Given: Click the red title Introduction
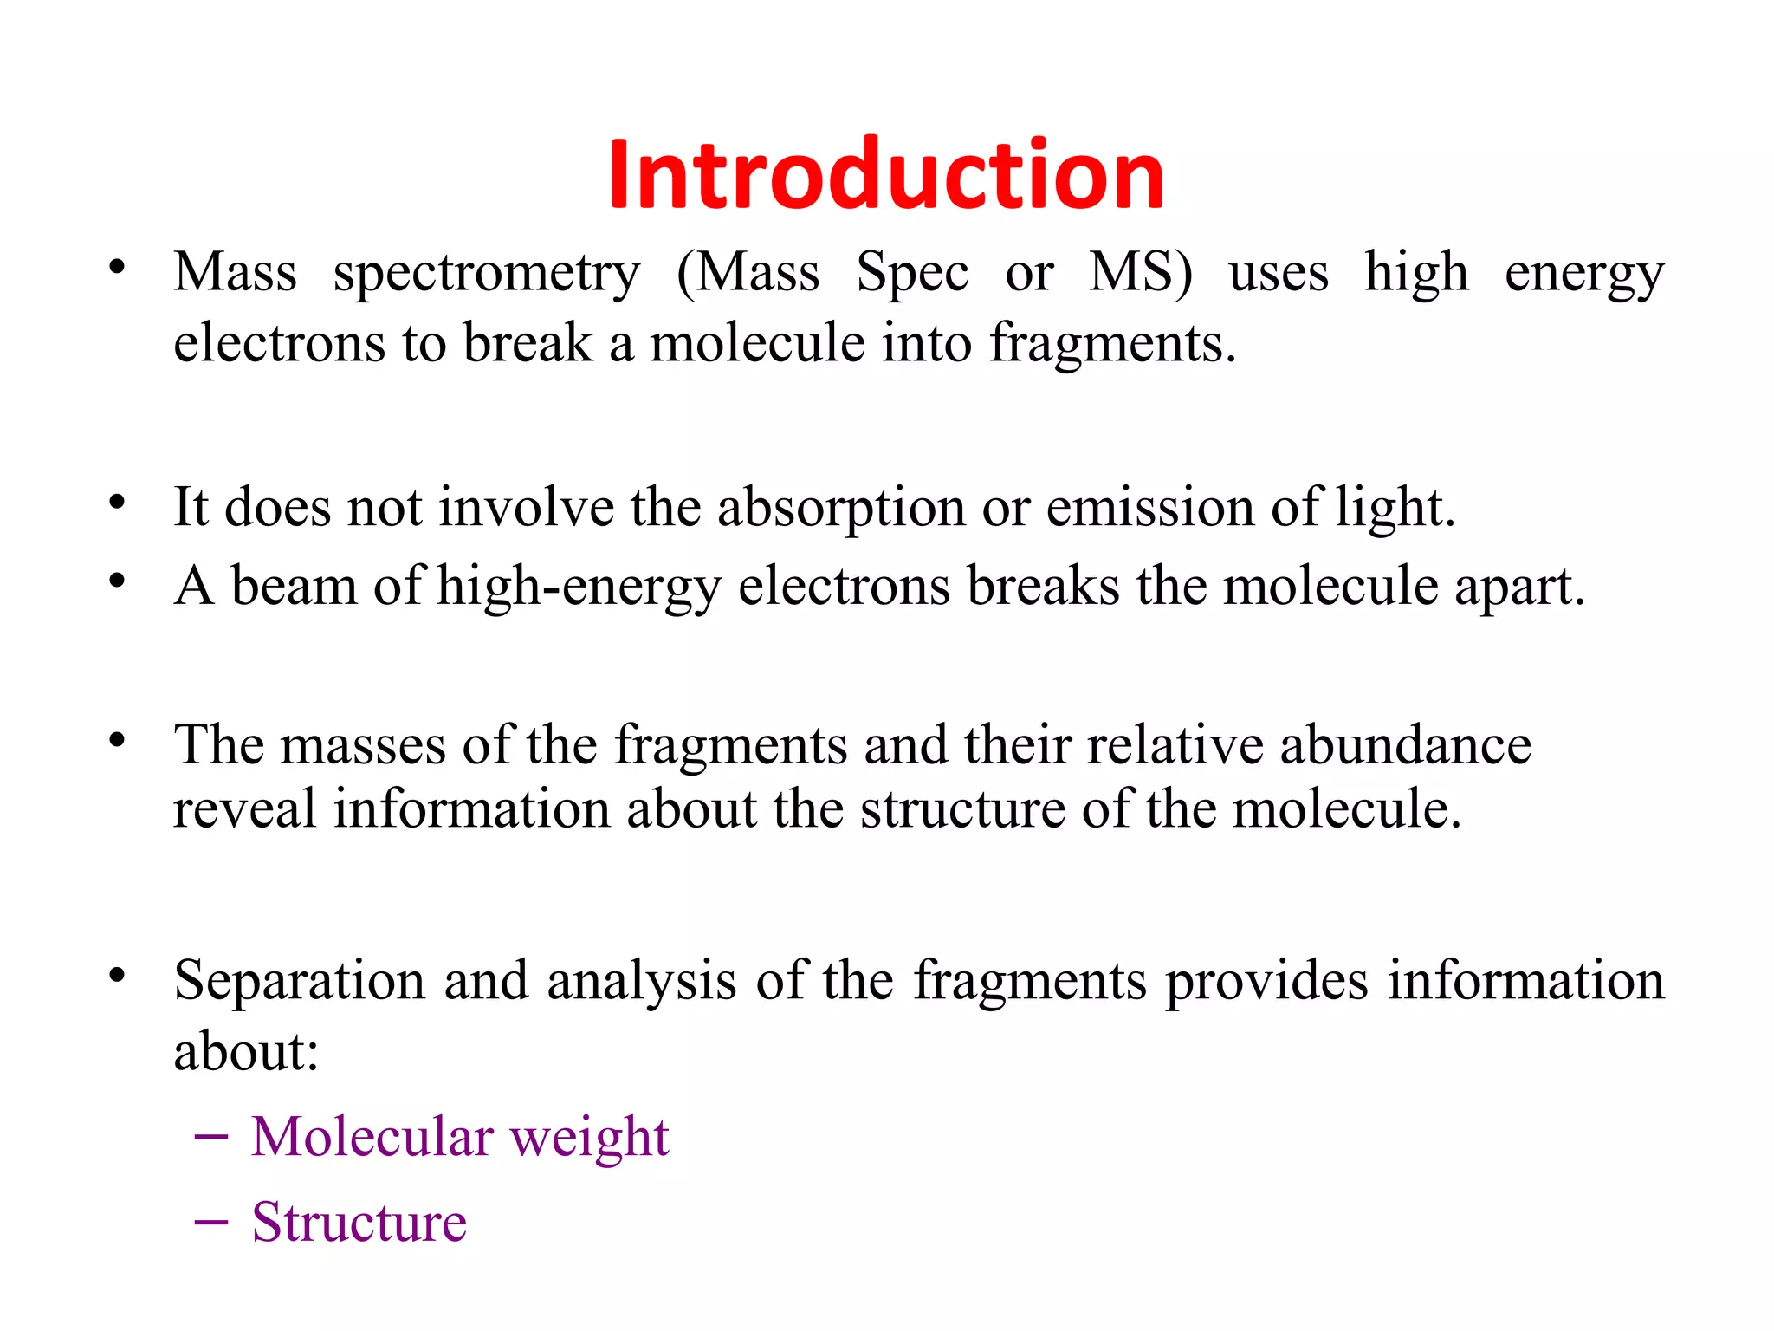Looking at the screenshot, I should (886, 175).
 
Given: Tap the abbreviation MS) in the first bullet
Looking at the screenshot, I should (1140, 273).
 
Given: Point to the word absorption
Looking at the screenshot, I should (840, 509).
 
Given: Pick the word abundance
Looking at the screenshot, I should (1405, 745).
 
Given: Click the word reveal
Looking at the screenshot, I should (244, 809).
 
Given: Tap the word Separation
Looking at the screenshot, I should (299, 982).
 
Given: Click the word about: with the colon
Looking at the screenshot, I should (246, 1052).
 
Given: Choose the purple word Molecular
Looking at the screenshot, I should (372, 1137).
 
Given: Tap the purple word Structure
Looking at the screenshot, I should (359, 1223).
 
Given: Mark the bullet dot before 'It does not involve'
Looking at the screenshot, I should (118, 503).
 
